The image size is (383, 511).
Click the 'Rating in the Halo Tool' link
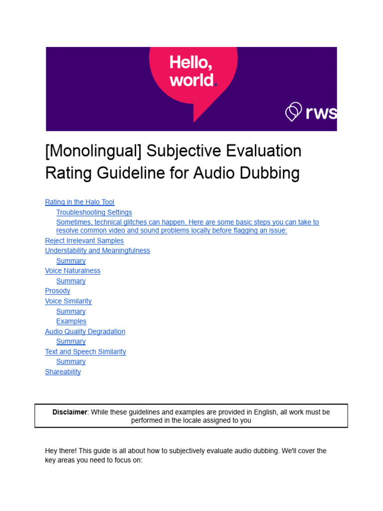coord(79,202)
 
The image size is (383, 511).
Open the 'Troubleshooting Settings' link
coord(94,212)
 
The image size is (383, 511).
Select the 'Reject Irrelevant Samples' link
coord(84,241)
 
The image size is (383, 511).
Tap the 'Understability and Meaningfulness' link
coord(97,251)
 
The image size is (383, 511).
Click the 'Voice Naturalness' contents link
coord(72,270)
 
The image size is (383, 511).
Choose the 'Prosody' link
coord(57,291)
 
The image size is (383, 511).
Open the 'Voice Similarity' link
coord(68,301)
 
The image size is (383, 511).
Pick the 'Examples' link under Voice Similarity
coord(71,321)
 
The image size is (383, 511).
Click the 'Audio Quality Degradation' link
coord(85,331)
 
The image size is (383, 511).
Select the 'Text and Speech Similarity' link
coord(85,352)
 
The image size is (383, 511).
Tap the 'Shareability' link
coord(63,372)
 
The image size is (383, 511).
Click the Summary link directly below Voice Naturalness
coord(71,281)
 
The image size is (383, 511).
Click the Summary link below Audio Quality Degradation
coord(71,341)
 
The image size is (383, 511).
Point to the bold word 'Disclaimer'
coord(70,412)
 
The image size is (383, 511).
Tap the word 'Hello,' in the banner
coord(191,63)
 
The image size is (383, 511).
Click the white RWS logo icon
coord(293,112)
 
